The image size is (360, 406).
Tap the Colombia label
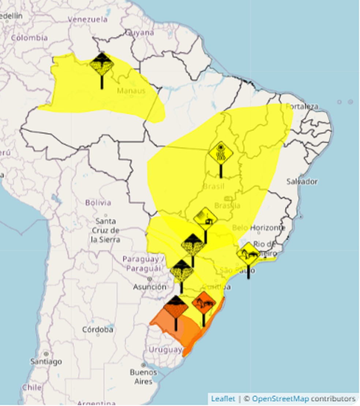(x=29, y=38)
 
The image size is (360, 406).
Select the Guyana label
(x=140, y=33)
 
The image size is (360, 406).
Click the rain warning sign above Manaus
(x=102, y=64)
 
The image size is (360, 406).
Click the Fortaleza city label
(x=302, y=107)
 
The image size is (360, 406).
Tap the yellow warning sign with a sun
(x=221, y=153)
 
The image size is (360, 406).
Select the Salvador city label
(x=302, y=182)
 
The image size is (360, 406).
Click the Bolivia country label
(x=98, y=202)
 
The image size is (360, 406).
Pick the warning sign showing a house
(x=205, y=219)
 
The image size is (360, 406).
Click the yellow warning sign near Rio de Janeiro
(x=248, y=254)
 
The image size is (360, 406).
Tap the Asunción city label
(x=149, y=287)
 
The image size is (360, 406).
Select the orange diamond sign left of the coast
(x=204, y=303)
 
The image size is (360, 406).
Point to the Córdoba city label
(x=97, y=329)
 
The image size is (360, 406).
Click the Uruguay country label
(x=165, y=350)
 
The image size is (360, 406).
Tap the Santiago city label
(x=46, y=362)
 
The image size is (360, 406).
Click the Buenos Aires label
(x=143, y=377)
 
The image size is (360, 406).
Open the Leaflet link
(x=223, y=399)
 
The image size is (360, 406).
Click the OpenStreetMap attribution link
(x=280, y=399)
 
